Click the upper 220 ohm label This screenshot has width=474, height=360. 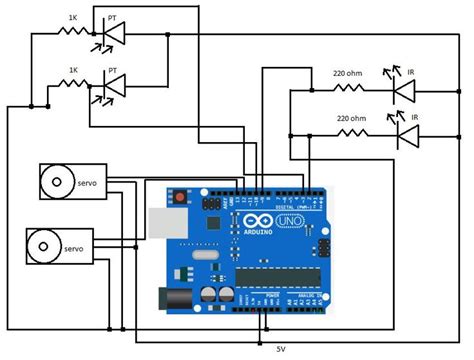pyautogui.click(x=348, y=72)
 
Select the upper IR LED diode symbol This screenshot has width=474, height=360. pyautogui.click(x=403, y=90)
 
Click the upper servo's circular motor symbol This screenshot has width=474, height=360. pyautogui.click(x=52, y=183)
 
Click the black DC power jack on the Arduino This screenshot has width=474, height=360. pyautogui.click(x=173, y=296)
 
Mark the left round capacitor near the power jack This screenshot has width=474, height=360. pyautogui.click(x=207, y=297)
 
